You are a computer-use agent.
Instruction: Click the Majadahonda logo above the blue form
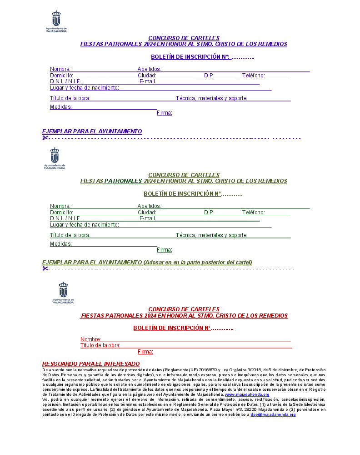click(56, 21)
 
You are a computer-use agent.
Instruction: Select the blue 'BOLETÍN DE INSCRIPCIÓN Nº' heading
click(190, 57)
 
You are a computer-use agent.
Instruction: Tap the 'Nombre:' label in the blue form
click(60, 69)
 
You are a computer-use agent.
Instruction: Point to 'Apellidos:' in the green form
click(149, 206)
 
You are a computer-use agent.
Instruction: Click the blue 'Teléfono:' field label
click(253, 76)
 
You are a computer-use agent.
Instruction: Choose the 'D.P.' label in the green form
click(209, 212)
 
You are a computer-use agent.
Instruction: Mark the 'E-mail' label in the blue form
click(147, 81)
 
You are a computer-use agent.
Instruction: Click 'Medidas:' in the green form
click(61, 244)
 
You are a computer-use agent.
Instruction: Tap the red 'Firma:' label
click(145, 352)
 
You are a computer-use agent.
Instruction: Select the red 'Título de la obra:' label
click(100, 345)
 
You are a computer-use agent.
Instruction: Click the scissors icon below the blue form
click(45, 138)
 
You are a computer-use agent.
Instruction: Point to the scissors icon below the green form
click(45, 268)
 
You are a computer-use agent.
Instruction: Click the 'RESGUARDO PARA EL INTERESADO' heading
click(91, 364)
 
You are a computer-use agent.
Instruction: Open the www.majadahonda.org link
click(247, 394)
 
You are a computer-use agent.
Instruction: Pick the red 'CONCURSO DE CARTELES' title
click(184, 309)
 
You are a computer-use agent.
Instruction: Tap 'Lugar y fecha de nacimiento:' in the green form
click(84, 225)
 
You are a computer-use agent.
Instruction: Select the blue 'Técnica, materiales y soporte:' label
click(211, 98)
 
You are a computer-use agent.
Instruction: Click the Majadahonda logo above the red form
click(63, 293)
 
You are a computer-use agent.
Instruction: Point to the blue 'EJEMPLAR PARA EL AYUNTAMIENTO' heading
click(92, 131)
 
